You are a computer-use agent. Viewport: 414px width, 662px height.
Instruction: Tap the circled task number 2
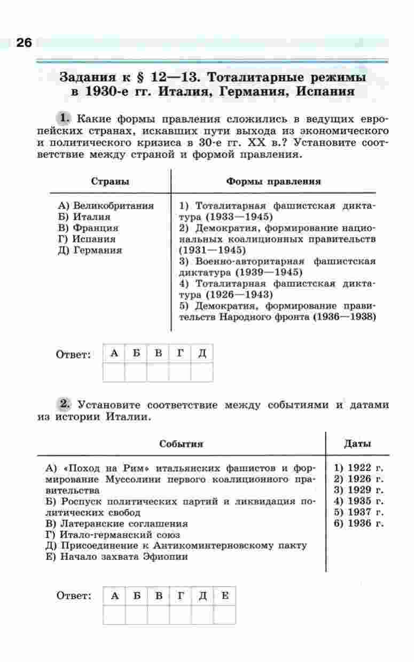click(64, 404)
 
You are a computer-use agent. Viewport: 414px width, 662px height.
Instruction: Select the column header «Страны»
click(111, 181)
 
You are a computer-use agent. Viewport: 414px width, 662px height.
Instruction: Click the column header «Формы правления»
click(274, 181)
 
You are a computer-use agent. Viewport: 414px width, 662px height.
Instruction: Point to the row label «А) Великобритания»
click(106, 206)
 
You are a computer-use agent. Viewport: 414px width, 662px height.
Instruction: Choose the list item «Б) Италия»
click(84, 217)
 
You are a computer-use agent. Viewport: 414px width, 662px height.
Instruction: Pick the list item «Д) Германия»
click(90, 250)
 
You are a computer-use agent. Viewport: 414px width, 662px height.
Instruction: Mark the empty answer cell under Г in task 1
click(180, 372)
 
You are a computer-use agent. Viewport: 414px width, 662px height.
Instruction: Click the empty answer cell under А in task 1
click(113, 372)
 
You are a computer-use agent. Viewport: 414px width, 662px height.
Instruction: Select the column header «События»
click(181, 444)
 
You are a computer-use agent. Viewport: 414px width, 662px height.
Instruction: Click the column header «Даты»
click(358, 443)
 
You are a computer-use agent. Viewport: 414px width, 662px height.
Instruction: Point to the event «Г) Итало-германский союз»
click(113, 535)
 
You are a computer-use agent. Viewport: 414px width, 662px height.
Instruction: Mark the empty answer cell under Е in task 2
click(224, 615)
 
